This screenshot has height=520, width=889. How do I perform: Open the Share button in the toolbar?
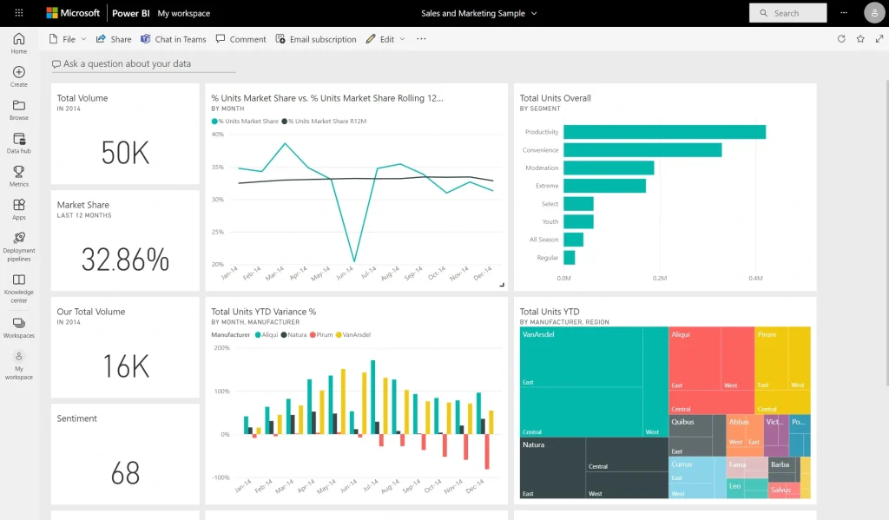pos(114,39)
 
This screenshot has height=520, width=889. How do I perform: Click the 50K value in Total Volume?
pos(125,153)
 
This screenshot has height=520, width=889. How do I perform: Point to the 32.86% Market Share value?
pos(125,260)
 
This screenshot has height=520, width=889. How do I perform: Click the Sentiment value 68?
pos(125,473)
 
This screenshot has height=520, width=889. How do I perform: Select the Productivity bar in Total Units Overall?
pos(664,132)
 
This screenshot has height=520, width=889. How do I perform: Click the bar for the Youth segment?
pos(578,221)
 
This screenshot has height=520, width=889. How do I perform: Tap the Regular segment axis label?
pos(547,258)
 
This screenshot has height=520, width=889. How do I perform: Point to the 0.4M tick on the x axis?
pos(754,279)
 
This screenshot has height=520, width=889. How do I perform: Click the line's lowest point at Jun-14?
pos(353,260)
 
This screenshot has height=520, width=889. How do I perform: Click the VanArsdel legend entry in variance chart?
pos(356,334)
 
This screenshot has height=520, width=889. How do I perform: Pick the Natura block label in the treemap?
pos(533,445)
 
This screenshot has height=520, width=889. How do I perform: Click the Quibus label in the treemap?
pos(682,422)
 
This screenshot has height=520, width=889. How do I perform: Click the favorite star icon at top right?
pos(860,39)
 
